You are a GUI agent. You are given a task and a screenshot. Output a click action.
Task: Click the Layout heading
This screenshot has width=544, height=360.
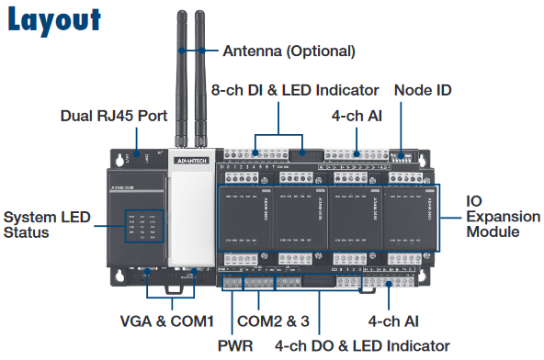pos(54,20)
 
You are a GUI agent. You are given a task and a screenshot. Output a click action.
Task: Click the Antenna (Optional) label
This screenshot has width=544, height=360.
pos(288,51)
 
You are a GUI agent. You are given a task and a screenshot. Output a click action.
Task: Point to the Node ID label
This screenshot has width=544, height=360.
pos(422,91)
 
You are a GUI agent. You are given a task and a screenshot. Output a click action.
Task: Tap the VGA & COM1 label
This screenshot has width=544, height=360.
pos(166,321)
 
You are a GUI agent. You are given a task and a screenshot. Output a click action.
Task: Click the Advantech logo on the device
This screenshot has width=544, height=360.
pos(189,159)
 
